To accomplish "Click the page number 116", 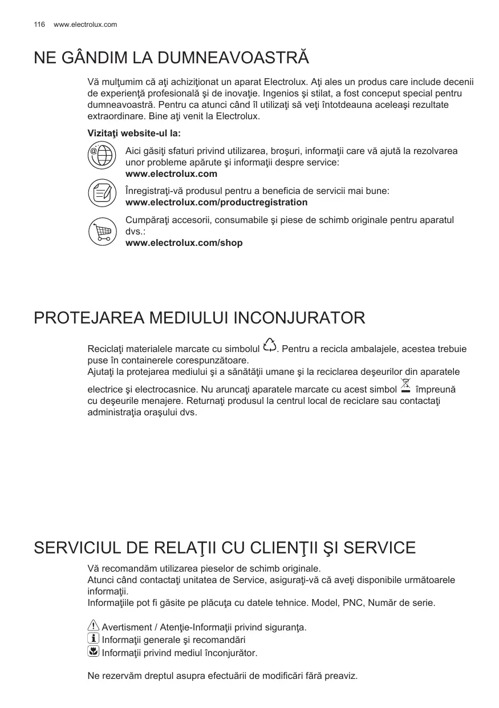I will (x=39, y=25).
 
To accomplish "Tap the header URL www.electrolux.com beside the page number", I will (x=85, y=25).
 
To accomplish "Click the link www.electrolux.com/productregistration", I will (x=216, y=203).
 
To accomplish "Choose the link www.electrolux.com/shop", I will (x=184, y=243).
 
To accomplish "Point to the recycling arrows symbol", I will (x=270, y=346).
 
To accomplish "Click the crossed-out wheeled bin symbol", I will (x=406, y=386).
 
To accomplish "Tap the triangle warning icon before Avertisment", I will (x=94, y=626).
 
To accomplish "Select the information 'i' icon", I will (x=94, y=639).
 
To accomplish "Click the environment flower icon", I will (x=94, y=652).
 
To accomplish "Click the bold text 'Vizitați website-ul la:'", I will (x=134, y=133).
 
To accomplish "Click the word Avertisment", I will (x=128, y=628).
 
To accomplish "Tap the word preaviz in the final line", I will (x=340, y=676).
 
